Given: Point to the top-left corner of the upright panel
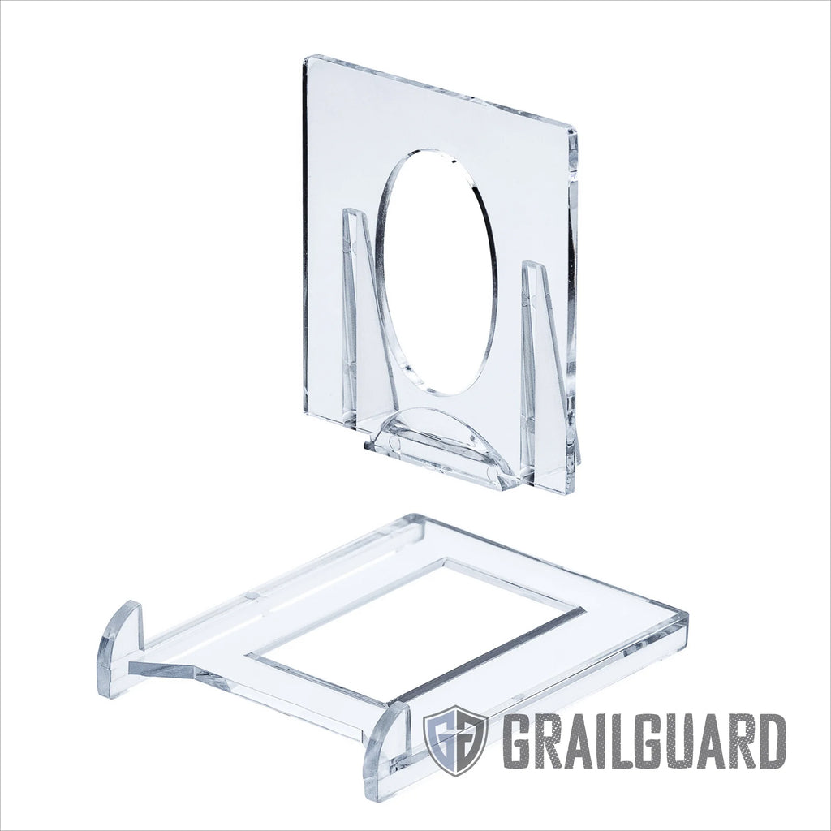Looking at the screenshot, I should click(x=307, y=58).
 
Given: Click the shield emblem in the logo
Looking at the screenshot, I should click(x=455, y=739).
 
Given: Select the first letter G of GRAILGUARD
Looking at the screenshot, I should click(x=517, y=740).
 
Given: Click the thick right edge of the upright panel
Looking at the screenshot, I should click(x=573, y=308).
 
